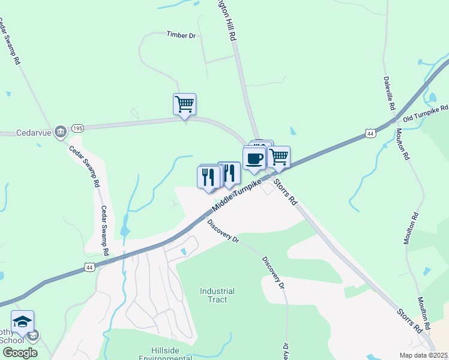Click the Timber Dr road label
pos(181,35)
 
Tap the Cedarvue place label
pos(33,132)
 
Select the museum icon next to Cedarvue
pos(60,132)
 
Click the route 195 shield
pos(77,128)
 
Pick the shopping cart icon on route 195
pos(184,104)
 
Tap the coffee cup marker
pos(255,158)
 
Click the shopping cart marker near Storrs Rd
pos(279,157)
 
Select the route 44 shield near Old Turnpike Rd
pos(370,134)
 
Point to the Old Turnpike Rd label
pos(426,112)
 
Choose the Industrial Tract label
pos(217,295)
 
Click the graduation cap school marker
pos(22,322)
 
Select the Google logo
pos(20,353)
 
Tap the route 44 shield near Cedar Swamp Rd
pos(89,266)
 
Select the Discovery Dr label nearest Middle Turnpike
pos(223,231)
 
